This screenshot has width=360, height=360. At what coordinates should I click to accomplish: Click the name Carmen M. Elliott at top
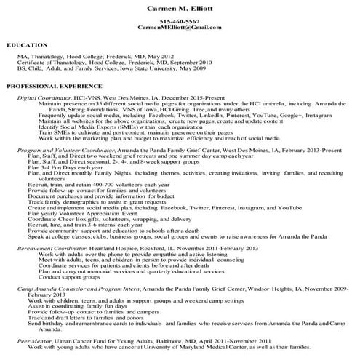pos(180,9)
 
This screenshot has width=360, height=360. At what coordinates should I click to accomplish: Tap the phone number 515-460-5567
pos(180,21)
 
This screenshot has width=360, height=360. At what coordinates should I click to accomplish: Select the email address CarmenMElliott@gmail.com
pos(180,27)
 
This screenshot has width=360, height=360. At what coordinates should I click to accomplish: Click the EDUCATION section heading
pos(27,45)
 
